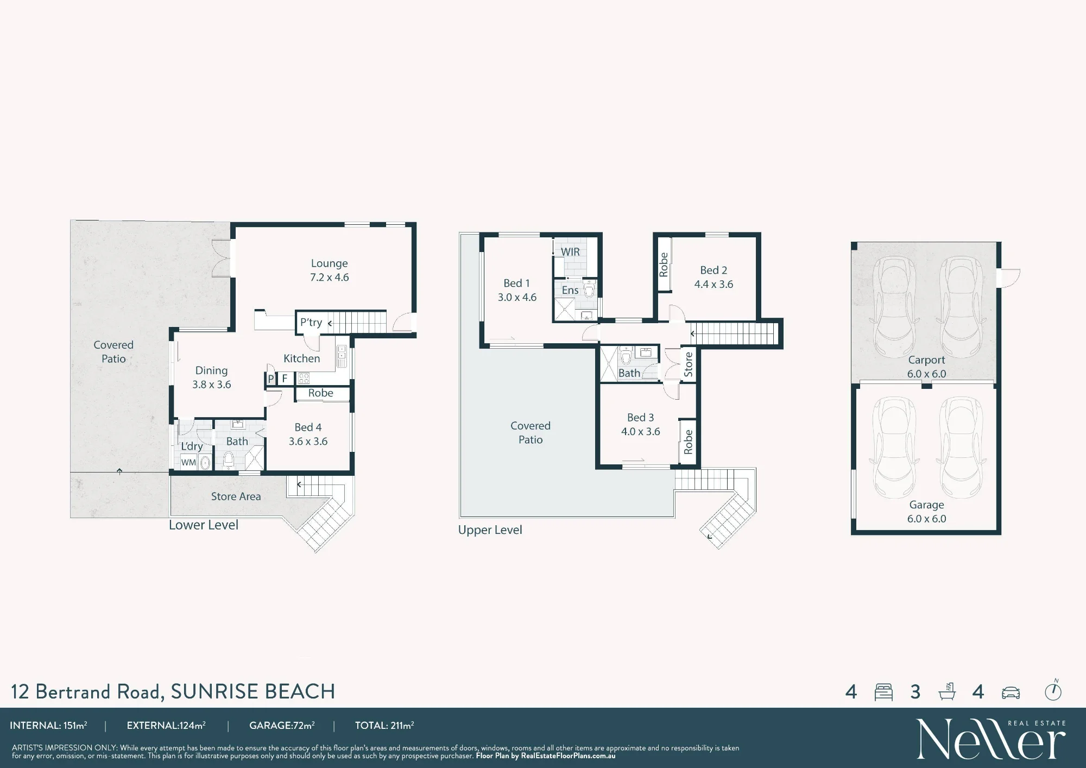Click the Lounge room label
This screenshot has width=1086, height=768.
pos(329,263)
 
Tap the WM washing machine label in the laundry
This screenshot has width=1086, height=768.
pos(188,463)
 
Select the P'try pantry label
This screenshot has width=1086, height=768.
pos(311,322)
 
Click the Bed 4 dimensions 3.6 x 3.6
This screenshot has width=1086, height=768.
pos(308,442)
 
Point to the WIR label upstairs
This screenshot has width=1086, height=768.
pos(570,252)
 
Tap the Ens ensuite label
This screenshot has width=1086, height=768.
pos(570,290)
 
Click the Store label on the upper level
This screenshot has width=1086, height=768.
pos(688,364)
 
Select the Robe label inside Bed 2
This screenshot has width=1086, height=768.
pos(664,265)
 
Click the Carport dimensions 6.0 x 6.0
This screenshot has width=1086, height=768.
pos(926,374)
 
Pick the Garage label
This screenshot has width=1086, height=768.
pos(926,505)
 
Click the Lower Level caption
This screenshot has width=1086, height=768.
pos(204,525)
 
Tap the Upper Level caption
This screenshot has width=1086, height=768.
pos(490,530)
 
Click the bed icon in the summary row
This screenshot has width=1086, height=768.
pos(883,692)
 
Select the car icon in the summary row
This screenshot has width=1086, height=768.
pos(1011,693)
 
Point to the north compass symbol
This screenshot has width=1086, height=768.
pos(1053,690)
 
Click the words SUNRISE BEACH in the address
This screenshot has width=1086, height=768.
pos(252,691)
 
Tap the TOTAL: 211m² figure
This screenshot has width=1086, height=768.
pos(384,726)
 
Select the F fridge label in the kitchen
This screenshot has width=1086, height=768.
pos(285,379)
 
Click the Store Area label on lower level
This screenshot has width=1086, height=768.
pos(236,496)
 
